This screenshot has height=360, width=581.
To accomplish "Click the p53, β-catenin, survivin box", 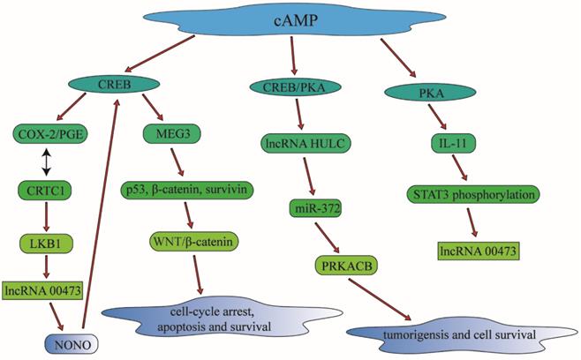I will tap(197, 189).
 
